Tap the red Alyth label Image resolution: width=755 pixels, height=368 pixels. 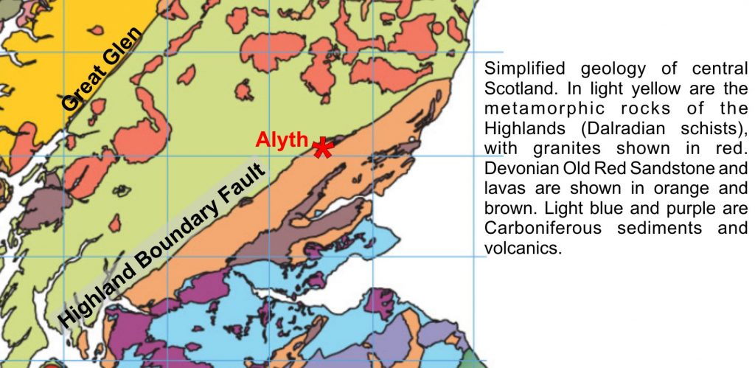click(282, 139)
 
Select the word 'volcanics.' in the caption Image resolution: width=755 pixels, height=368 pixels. click(523, 249)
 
